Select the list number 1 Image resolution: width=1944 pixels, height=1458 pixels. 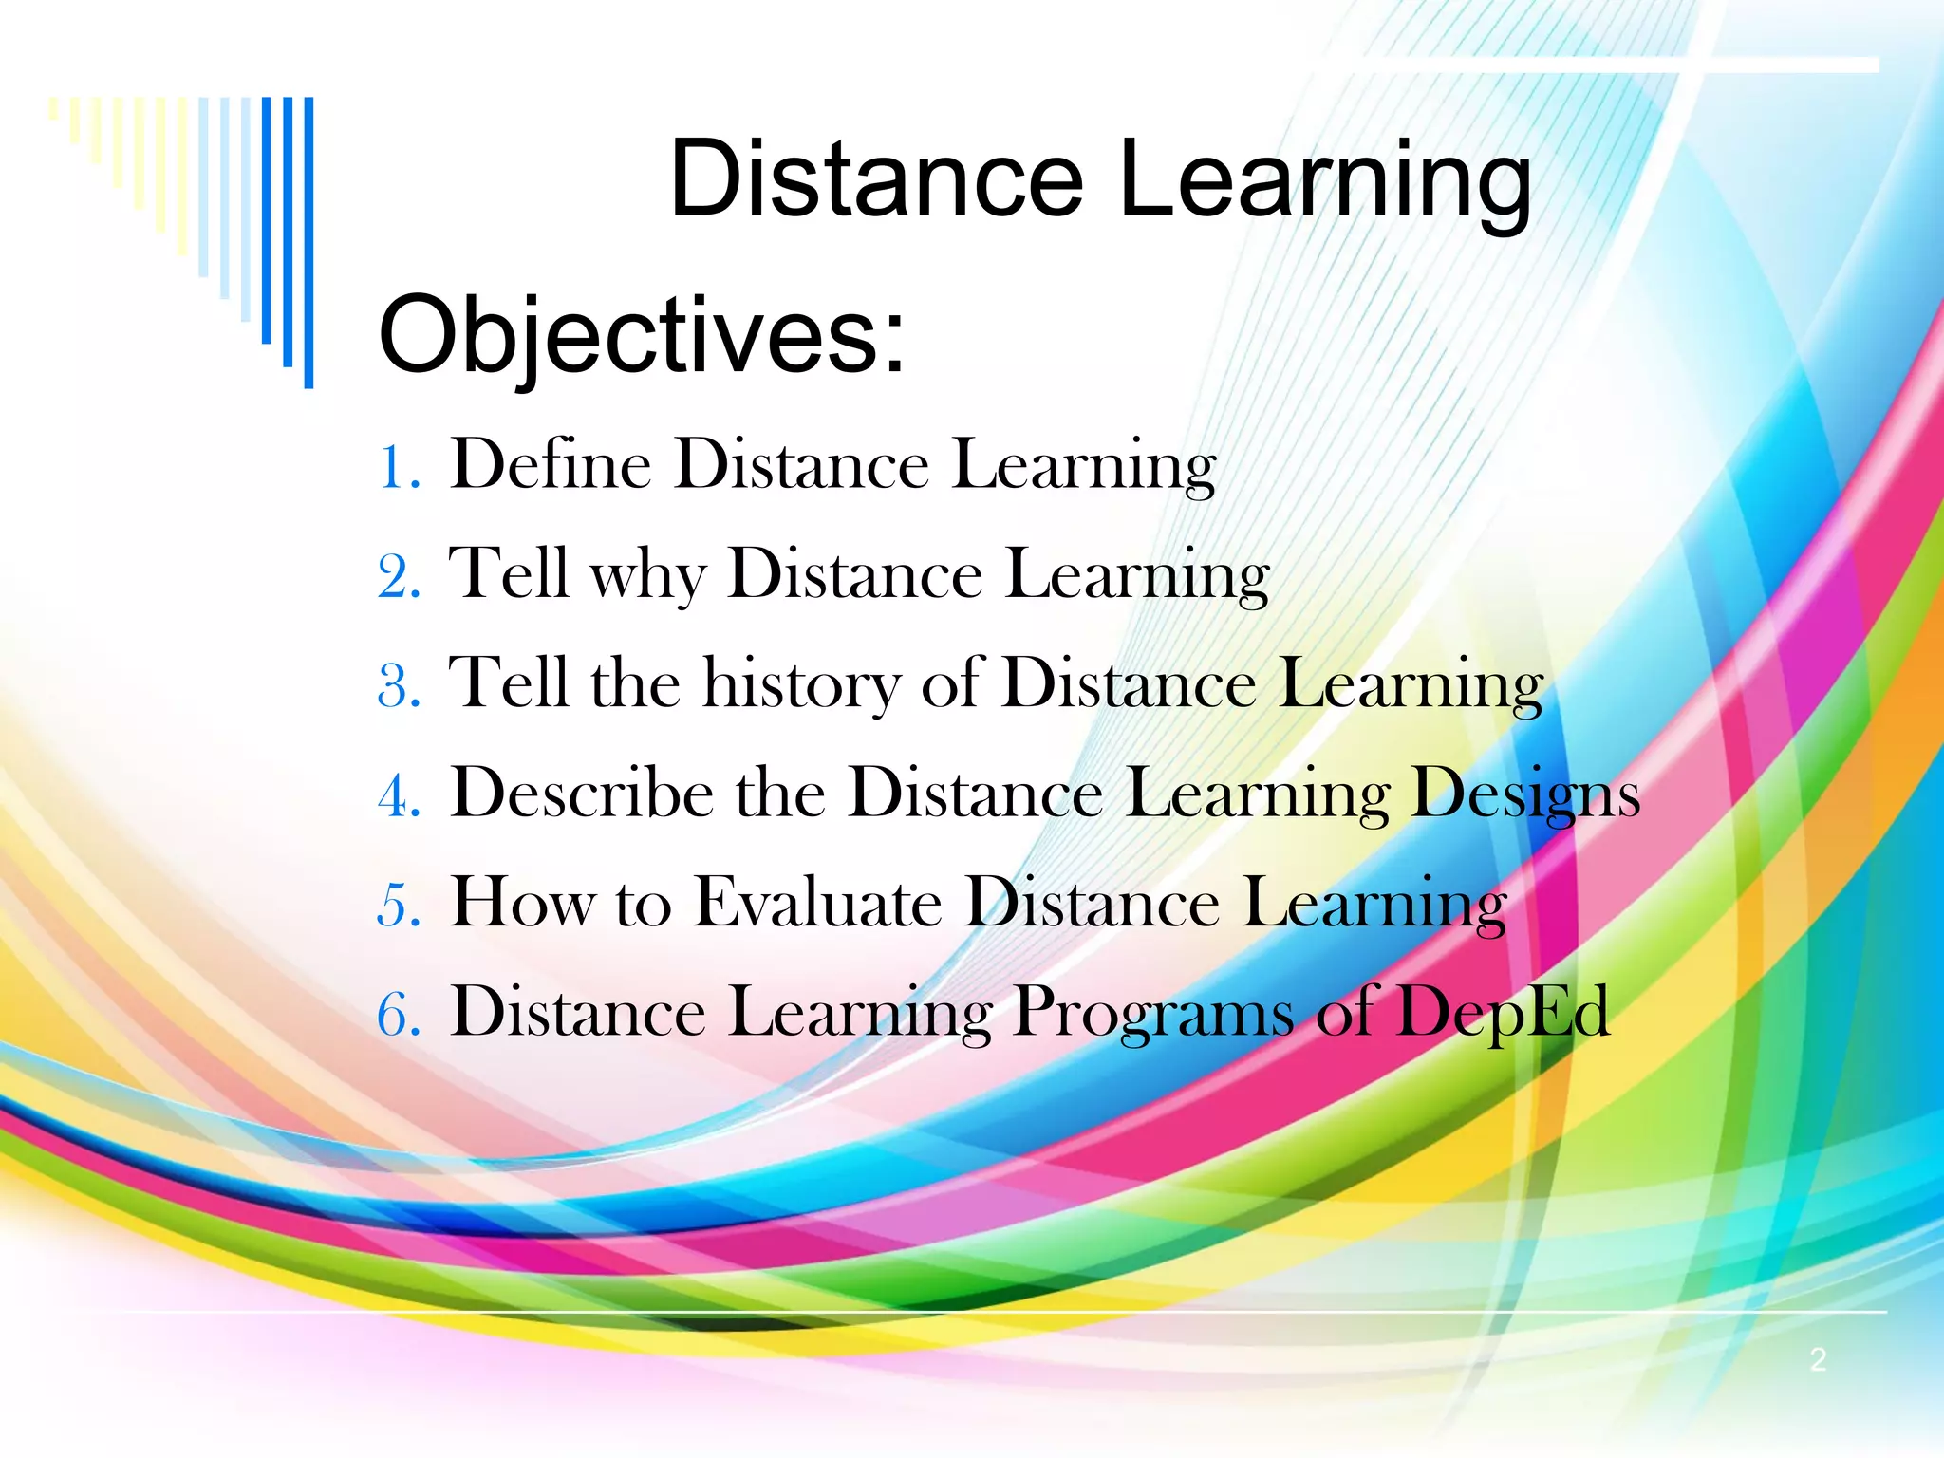pyautogui.click(x=397, y=468)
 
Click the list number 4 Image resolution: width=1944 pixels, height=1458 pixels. pyautogui.click(x=399, y=796)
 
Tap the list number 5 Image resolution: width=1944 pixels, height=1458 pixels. pyautogui.click(x=399, y=906)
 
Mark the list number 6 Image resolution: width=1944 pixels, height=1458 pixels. pyautogui.click(x=399, y=1015)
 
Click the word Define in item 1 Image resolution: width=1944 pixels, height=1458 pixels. pyautogui.click(x=551, y=465)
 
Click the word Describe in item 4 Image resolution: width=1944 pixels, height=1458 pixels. pyautogui.click(x=582, y=794)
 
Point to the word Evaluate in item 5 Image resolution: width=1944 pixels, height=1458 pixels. pyautogui.click(x=818, y=903)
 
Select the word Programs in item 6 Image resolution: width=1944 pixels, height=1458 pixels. pyautogui.click(x=1153, y=1014)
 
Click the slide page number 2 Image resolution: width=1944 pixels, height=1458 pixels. pyautogui.click(x=1818, y=1359)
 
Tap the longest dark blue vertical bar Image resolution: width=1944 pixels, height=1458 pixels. pyautogui.click(x=308, y=242)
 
